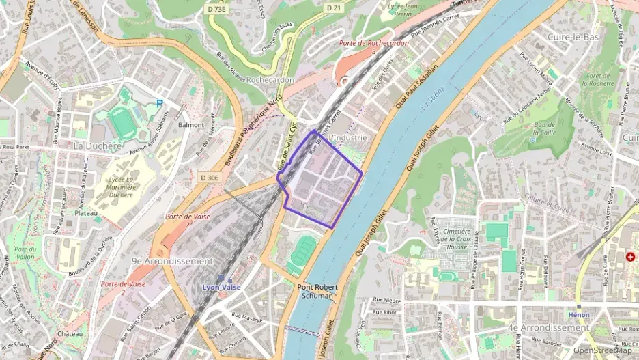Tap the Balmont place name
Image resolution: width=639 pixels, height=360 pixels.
(191, 125)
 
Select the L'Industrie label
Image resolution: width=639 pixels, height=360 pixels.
(347, 137)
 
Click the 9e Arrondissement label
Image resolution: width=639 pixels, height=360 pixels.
(172, 261)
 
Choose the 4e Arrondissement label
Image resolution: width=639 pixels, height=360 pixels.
(548, 327)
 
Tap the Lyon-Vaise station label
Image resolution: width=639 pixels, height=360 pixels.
(221, 288)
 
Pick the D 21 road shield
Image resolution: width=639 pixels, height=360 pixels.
(334, 8)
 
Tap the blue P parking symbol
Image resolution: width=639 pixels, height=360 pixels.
(160, 104)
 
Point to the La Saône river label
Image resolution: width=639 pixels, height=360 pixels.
(433, 106)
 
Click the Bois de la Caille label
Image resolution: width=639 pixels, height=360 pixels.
(545, 129)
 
